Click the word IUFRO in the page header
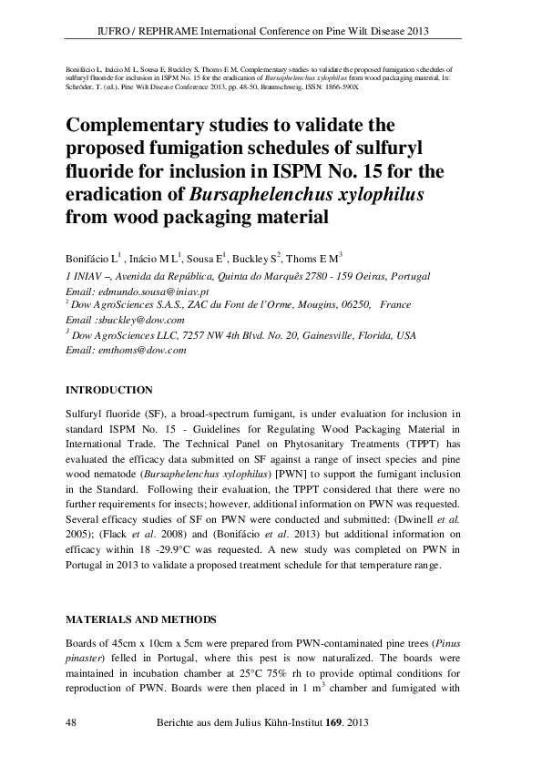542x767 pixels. coord(114,30)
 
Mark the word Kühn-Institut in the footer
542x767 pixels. coord(282,722)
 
